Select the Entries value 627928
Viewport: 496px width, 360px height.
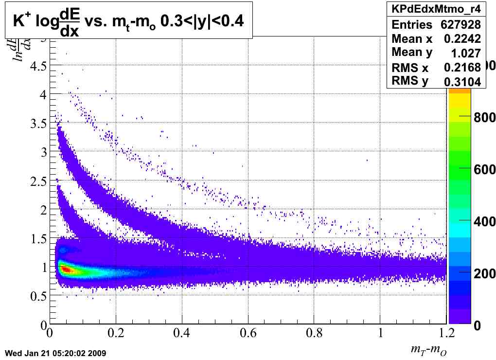461,24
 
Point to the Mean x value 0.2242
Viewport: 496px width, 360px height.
462,38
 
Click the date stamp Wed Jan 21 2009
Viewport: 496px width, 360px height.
55,353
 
